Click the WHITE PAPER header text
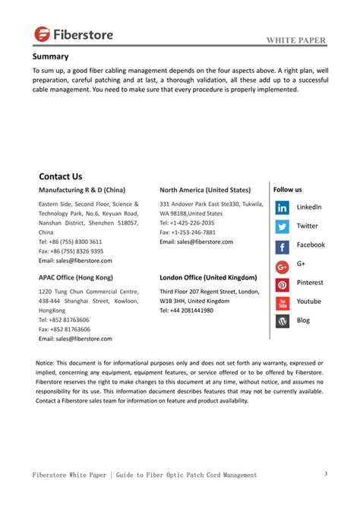point(298,41)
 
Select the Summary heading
point(50,57)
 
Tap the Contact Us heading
point(60,176)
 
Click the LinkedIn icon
point(282,207)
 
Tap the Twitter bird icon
point(282,226)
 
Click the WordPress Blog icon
point(282,321)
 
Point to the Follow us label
point(288,189)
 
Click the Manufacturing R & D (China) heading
point(82,189)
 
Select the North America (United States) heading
point(204,189)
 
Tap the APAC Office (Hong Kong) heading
point(75,277)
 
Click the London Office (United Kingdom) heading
point(208,277)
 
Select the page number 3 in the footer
point(325,475)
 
